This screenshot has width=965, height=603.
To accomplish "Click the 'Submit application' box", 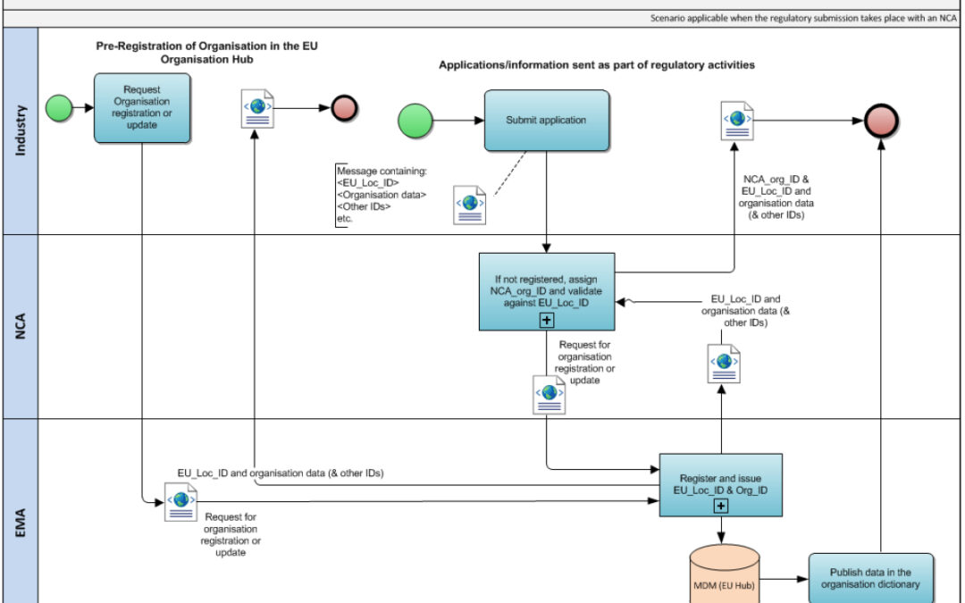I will [547, 121].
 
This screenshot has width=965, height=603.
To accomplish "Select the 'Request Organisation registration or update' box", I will [142, 108].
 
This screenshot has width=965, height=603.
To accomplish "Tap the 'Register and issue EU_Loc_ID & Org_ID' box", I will [720, 484].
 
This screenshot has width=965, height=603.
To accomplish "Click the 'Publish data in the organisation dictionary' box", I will [871, 578].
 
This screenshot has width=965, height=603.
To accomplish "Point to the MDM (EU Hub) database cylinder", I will [724, 576].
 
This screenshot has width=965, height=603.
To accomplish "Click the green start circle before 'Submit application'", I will [415, 121].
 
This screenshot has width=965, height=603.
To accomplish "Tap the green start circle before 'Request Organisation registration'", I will [60, 108].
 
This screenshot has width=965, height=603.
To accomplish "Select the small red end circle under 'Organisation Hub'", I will [345, 108].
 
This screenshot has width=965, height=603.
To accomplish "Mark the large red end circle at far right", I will [881, 121].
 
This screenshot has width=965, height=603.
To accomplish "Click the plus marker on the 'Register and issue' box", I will [720, 507].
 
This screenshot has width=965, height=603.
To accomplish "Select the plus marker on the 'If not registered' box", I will [547, 320].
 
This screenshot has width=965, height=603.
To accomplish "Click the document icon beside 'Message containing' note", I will [468, 205].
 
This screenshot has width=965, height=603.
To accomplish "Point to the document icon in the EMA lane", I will [180, 501].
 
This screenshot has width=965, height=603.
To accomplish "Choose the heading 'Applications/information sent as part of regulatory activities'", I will [596, 65].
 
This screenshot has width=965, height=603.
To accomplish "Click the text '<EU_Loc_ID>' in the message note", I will [366, 182].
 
